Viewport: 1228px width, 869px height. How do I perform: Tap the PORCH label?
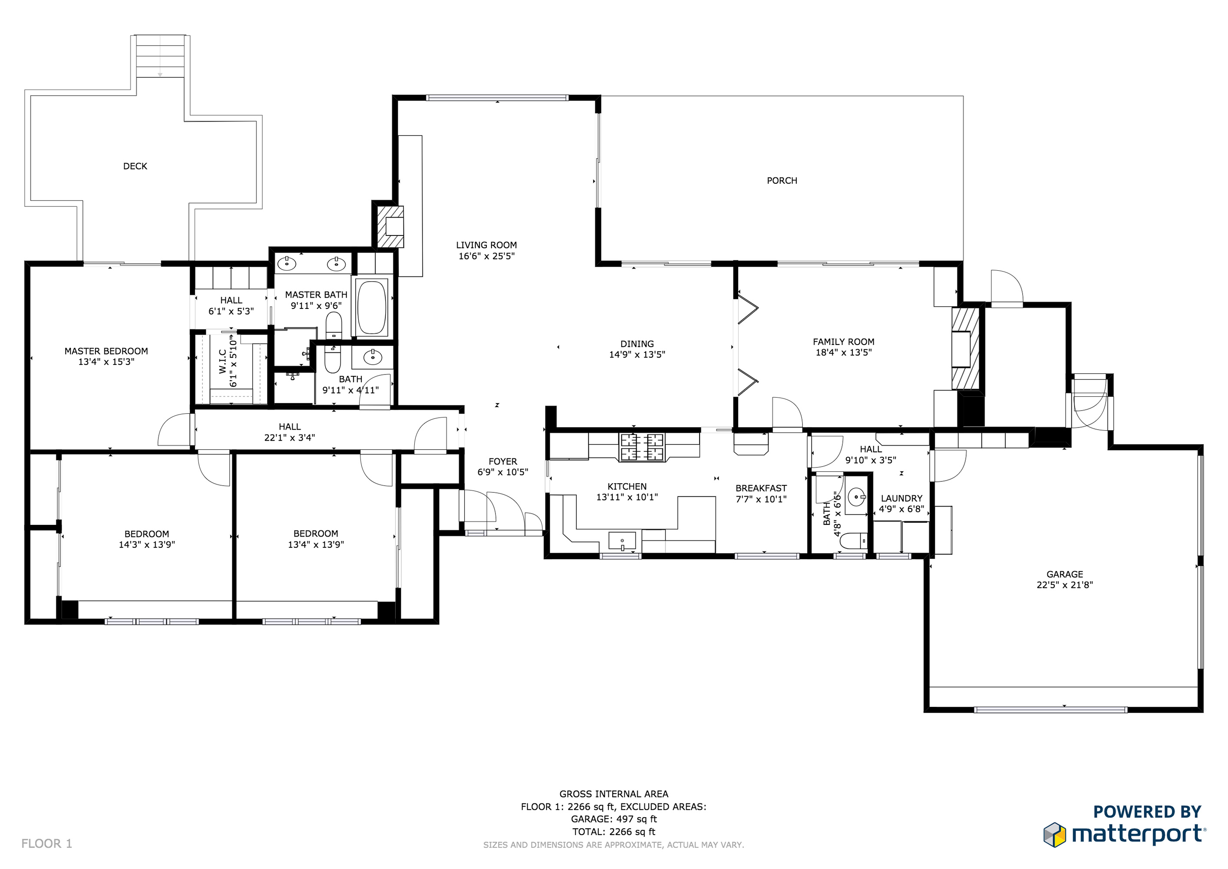click(x=782, y=181)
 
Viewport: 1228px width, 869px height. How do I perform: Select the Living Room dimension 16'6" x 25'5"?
click(x=486, y=256)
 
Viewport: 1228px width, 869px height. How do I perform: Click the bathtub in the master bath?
click(x=371, y=308)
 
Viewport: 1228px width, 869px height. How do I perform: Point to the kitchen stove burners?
click(x=641, y=448)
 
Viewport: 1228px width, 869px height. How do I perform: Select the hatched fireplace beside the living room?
click(x=390, y=227)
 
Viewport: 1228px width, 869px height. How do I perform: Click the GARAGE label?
click(x=1064, y=574)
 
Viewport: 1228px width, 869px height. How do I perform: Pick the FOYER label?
click(x=502, y=461)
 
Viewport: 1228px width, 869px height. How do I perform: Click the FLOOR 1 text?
click(x=46, y=844)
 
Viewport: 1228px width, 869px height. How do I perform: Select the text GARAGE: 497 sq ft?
click(x=614, y=819)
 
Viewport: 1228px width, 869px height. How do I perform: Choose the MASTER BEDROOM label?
click(x=106, y=351)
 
